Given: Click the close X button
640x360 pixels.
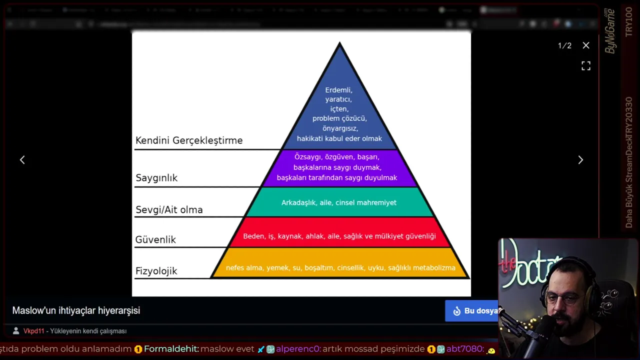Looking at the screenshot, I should point(586,45).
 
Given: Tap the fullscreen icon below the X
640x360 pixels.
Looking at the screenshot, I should point(586,66).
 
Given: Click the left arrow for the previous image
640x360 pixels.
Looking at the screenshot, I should point(22,159).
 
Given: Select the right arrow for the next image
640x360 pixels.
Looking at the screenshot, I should point(580,159).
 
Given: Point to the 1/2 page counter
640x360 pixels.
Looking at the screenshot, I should point(564,45).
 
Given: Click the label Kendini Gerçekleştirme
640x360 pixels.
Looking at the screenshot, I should point(189,140).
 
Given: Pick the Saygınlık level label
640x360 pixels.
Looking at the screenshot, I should point(156,178).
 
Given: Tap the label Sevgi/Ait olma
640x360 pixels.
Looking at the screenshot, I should point(169,210).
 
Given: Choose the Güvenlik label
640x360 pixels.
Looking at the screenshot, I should point(155,240).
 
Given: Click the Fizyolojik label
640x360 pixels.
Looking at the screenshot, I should point(156,271).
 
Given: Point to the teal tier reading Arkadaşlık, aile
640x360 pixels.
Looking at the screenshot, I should point(339,202).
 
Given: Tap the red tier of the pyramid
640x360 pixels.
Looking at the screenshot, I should point(339,236).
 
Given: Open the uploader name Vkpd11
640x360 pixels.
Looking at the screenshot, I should point(34,331).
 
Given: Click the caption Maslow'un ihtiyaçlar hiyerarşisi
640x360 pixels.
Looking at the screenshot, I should point(76,310).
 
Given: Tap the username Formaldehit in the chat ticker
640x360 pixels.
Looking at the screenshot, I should point(171,349).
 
